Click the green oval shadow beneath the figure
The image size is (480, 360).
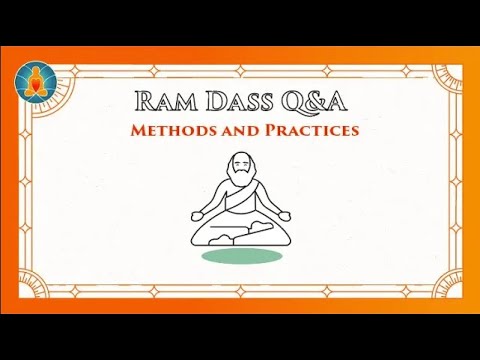point(240,256)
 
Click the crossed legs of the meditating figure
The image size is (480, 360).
point(240,232)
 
